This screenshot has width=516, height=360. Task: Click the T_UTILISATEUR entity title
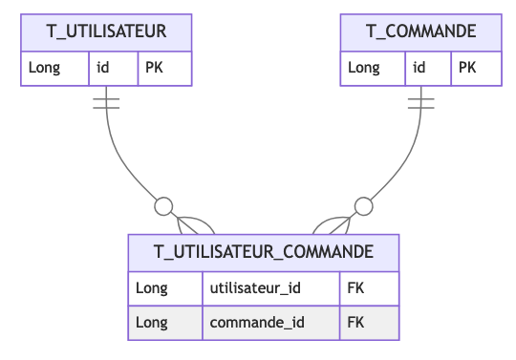click(x=106, y=32)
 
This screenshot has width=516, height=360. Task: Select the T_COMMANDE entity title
click(x=421, y=32)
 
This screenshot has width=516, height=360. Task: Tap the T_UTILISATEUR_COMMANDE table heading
click(x=264, y=252)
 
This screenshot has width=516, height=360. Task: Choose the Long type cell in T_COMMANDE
click(x=363, y=68)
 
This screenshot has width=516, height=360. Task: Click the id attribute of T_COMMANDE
click(x=419, y=68)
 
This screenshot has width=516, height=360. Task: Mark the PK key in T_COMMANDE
click(x=466, y=68)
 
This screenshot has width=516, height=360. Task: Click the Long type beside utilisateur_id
click(x=152, y=287)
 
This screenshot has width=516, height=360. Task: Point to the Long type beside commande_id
click(x=152, y=323)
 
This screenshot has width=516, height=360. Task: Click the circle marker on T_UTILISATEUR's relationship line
click(x=163, y=204)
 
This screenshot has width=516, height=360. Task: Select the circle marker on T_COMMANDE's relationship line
click(x=363, y=204)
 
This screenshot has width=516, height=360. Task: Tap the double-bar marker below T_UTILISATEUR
click(x=106, y=102)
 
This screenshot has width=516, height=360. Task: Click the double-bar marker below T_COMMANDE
click(x=421, y=102)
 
